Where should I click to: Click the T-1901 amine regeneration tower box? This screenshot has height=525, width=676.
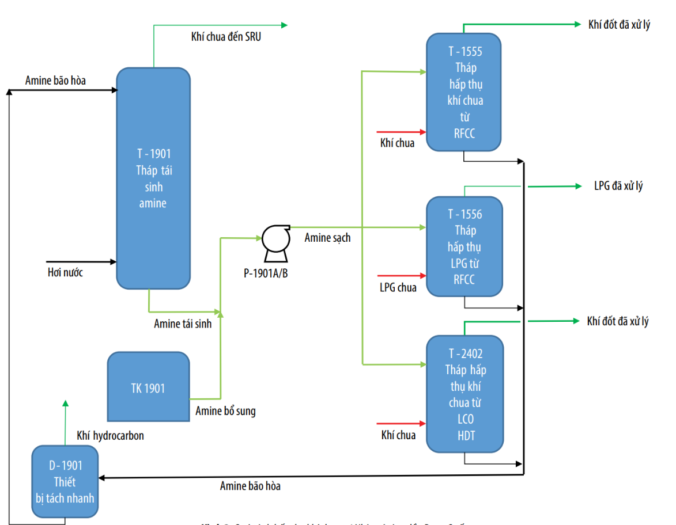[x=153, y=178]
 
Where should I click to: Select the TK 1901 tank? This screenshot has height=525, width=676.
[x=148, y=386]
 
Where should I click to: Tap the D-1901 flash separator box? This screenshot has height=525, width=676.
[x=65, y=481]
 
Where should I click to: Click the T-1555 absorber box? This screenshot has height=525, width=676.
[x=464, y=92]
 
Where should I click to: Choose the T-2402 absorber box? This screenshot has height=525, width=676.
[x=464, y=394]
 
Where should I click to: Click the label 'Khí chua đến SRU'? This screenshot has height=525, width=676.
[x=226, y=38]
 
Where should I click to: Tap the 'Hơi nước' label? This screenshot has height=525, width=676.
[x=65, y=272]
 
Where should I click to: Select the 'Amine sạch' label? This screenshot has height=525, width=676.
[x=327, y=238]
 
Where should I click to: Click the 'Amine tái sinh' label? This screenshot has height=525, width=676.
[x=183, y=324]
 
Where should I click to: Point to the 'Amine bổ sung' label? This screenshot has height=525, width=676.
[x=225, y=411]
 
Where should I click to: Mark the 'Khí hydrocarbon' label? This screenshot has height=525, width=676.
[x=110, y=436]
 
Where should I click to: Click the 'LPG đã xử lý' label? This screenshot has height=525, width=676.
[x=618, y=186]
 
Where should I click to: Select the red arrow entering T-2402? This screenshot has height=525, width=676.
[x=401, y=424]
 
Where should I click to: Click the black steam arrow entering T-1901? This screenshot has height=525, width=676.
[x=81, y=262]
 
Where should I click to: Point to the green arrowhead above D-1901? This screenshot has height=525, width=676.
[x=65, y=404]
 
